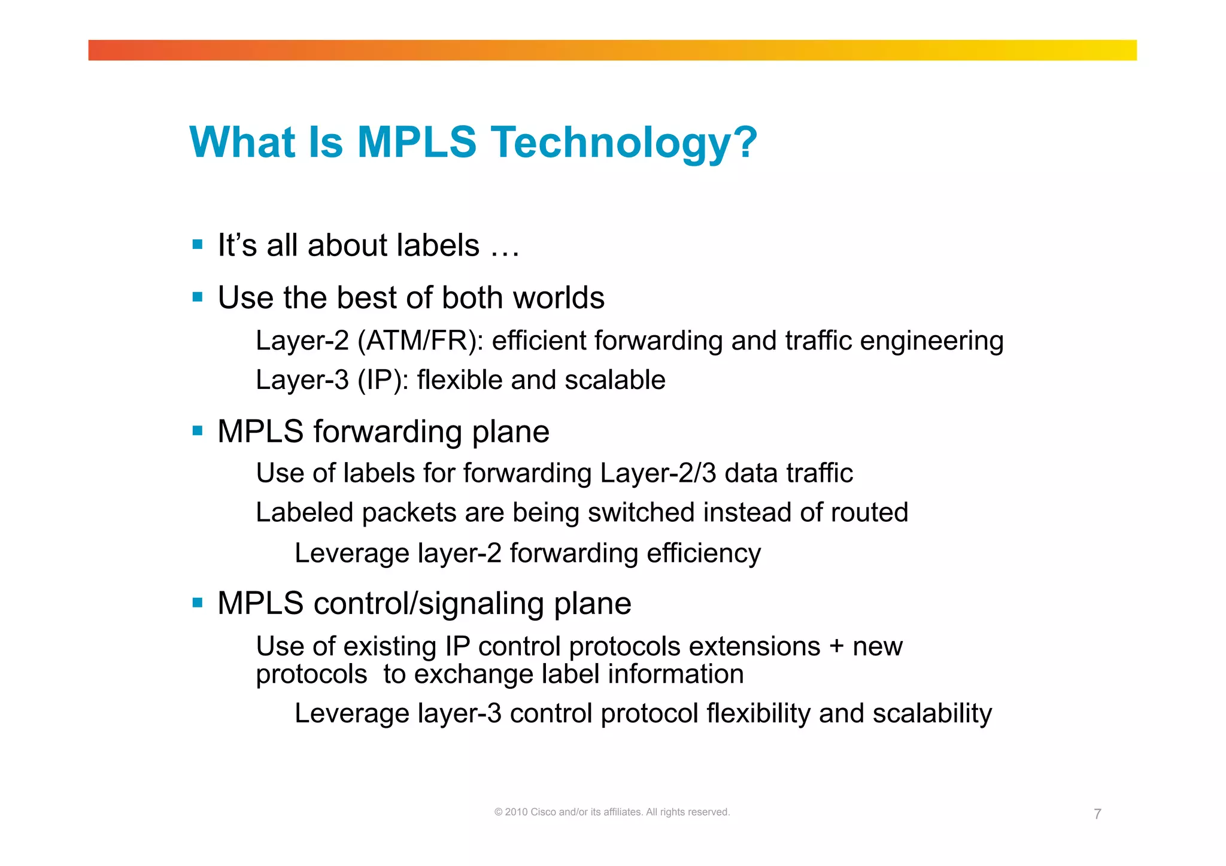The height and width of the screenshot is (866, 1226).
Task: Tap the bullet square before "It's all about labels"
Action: [x=198, y=244]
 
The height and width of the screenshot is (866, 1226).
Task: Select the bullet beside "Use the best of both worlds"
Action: [x=198, y=297]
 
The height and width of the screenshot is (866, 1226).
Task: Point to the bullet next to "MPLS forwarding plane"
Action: [x=198, y=430]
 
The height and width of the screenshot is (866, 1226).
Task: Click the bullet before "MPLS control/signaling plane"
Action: [x=198, y=602]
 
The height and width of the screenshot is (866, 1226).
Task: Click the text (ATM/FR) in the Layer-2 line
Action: [x=421, y=341]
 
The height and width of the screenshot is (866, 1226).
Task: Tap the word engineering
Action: [x=931, y=341]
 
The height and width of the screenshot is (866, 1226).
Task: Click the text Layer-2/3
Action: [x=658, y=473]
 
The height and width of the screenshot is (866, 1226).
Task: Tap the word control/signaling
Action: [x=429, y=603]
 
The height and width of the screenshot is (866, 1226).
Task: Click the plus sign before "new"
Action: [x=836, y=647]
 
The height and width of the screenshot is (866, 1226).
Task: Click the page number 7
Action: [x=1097, y=814]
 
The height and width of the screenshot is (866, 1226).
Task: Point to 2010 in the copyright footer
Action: [x=516, y=812]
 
